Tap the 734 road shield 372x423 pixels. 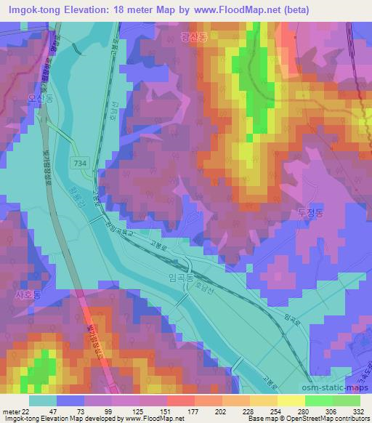tap(81, 164)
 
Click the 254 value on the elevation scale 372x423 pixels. tap(277, 411)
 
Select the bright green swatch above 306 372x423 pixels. tap(319, 400)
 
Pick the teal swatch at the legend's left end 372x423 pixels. tap(43, 400)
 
